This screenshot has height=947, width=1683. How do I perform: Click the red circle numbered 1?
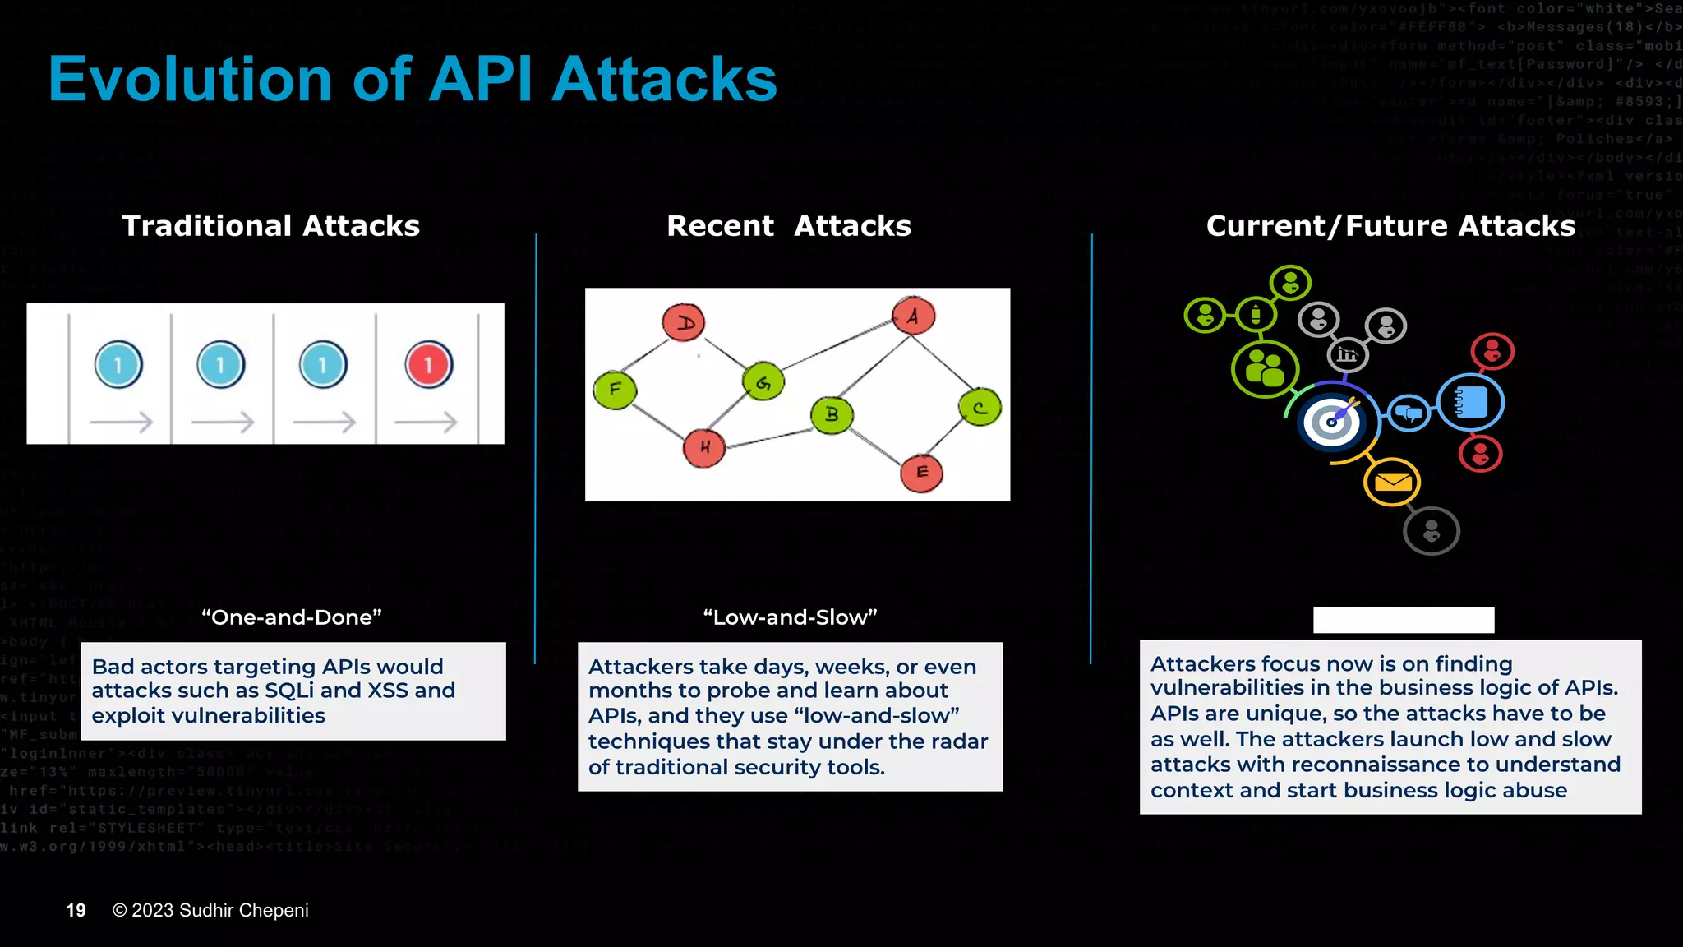pyautogui.click(x=428, y=364)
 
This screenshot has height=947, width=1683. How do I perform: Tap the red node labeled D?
pyautogui.click(x=684, y=322)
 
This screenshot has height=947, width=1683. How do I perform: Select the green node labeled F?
pyautogui.click(x=615, y=390)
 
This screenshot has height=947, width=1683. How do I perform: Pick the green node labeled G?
pyautogui.click(x=763, y=381)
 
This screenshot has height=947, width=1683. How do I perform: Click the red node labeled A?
pyautogui.click(x=913, y=316)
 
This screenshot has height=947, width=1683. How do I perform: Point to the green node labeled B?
pyautogui.click(x=832, y=414)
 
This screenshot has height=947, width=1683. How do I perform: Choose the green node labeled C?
pyautogui.click(x=980, y=408)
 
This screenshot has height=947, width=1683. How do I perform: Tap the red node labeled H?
pyautogui.click(x=704, y=448)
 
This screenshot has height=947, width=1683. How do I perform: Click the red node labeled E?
pyautogui.click(x=921, y=473)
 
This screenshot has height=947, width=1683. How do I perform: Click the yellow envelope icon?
pyautogui.click(x=1392, y=483)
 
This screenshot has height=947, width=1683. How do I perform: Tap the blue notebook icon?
pyautogui.click(x=1471, y=403)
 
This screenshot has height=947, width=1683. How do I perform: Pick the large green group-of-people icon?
pyautogui.click(x=1265, y=369)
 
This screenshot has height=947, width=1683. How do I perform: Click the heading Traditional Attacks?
pyautogui.click(x=270, y=226)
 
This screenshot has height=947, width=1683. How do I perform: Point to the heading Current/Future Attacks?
pyautogui.click(x=1390, y=226)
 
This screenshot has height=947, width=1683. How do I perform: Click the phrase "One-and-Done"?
pyautogui.click(x=292, y=617)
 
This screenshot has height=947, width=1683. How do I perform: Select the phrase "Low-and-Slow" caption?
pyautogui.click(x=790, y=617)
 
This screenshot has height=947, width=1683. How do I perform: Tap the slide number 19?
pyautogui.click(x=76, y=911)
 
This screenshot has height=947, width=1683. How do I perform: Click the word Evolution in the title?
pyautogui.click(x=190, y=80)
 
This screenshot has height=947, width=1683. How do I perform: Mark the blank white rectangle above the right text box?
pyautogui.click(x=1404, y=620)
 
